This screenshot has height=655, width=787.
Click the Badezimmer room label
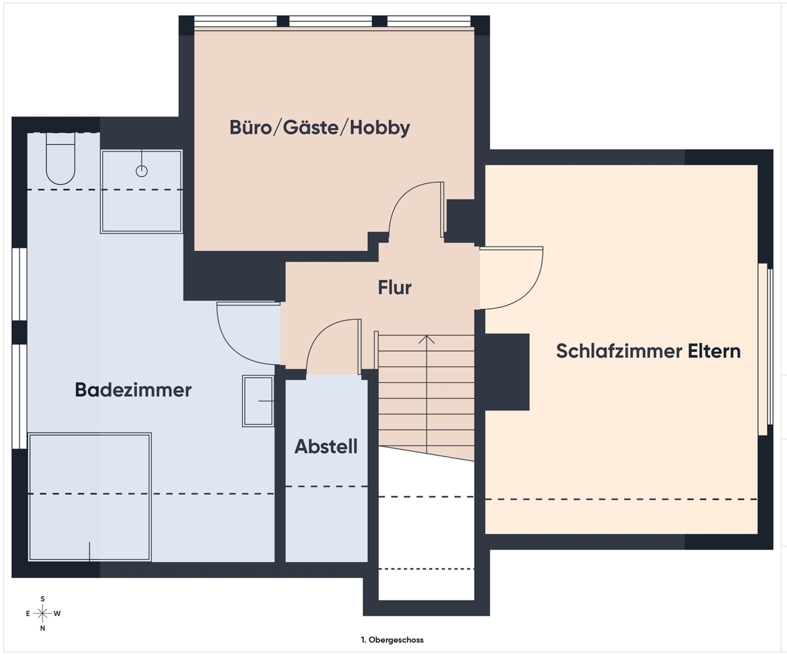133,389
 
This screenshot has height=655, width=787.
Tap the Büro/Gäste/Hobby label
319,127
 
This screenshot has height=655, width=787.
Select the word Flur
395,288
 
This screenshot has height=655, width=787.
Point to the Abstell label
326,447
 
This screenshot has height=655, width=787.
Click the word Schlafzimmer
619,351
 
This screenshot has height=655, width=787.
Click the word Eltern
714,351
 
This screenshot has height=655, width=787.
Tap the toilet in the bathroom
61,158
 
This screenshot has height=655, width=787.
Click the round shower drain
142,172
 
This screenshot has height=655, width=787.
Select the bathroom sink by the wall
258,401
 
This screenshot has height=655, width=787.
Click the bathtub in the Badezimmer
90,497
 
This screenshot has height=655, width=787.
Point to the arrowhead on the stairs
426,339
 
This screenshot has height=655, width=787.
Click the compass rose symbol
43,614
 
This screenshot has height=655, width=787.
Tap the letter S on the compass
43,599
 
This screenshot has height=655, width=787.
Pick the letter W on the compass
57,614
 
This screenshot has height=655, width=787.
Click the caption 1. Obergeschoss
392,640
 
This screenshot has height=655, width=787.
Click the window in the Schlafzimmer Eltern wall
765,349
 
